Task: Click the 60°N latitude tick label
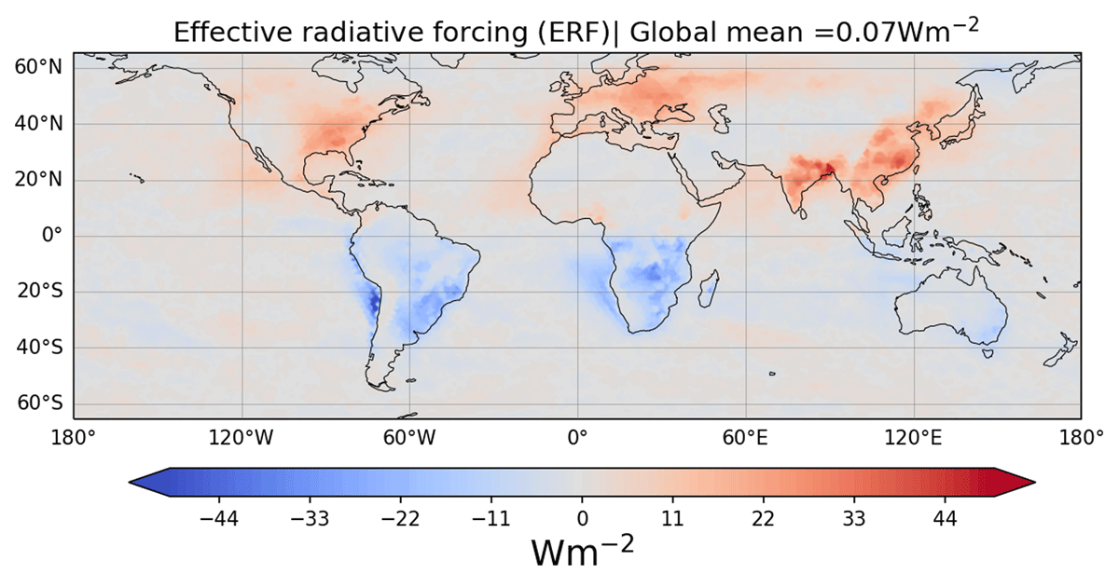pyautogui.click(x=38, y=67)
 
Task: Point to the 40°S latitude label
pyautogui.click(x=39, y=348)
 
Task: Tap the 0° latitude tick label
pyautogui.click(x=52, y=235)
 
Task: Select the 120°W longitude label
pyautogui.click(x=242, y=438)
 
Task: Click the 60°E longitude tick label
pyautogui.click(x=745, y=438)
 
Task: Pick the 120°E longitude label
pyautogui.click(x=913, y=438)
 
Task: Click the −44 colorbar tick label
pyautogui.click(x=219, y=519)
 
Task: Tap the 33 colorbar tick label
pyautogui.click(x=854, y=519)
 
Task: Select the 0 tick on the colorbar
pyautogui.click(x=582, y=519)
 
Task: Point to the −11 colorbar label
pyautogui.click(x=491, y=519)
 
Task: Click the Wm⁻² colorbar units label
pyautogui.click(x=583, y=551)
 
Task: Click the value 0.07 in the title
pyautogui.click(x=865, y=33)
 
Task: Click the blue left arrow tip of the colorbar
pyautogui.click(x=131, y=482)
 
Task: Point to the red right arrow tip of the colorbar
pyautogui.click(x=1034, y=482)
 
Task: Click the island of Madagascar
pyautogui.click(x=709, y=289)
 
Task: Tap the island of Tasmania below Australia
pyautogui.click(x=988, y=353)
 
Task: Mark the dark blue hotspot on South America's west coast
pyautogui.click(x=374, y=302)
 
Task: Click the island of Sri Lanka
pyautogui.click(x=803, y=213)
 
